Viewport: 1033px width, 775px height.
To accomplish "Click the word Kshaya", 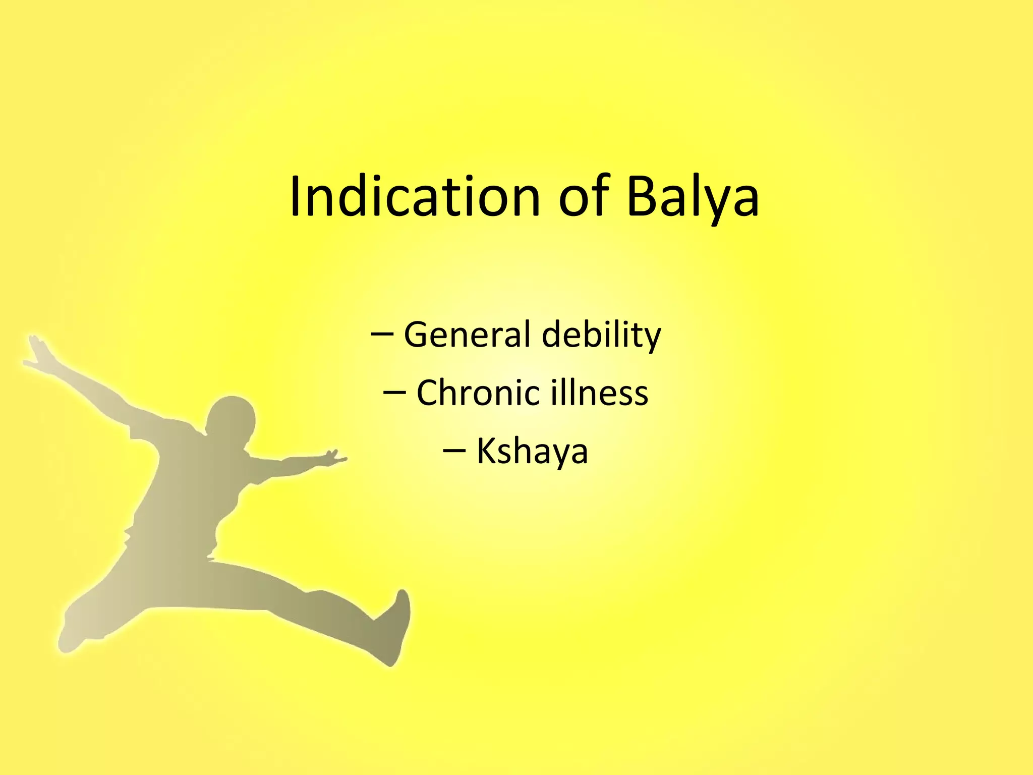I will (532, 452).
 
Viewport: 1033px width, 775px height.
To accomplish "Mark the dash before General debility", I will (382, 334).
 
